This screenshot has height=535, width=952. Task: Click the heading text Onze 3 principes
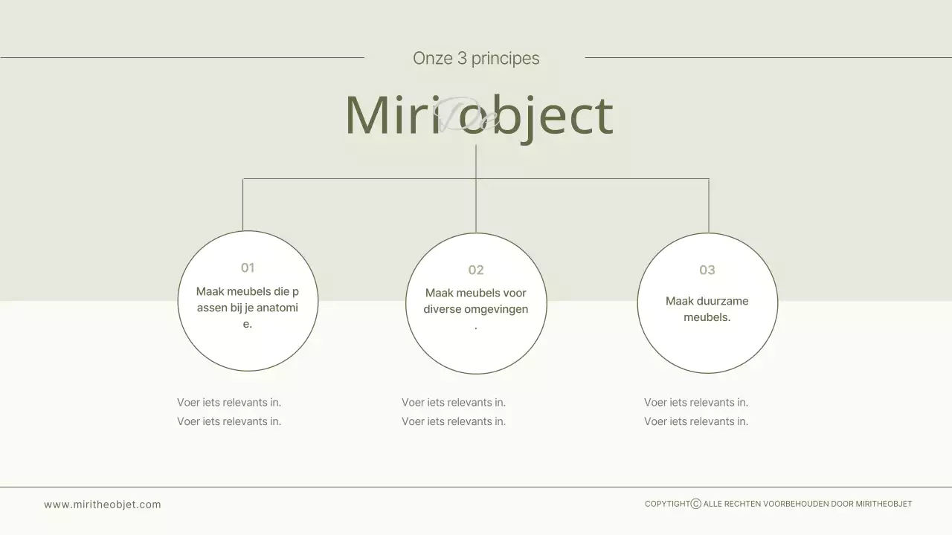(x=476, y=58)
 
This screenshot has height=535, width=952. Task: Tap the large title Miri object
(x=479, y=115)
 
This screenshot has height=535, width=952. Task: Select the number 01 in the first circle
(x=248, y=267)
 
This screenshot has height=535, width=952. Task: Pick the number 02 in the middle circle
(x=476, y=270)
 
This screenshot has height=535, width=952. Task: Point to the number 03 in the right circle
(x=707, y=270)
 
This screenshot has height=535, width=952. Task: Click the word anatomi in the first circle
(x=277, y=308)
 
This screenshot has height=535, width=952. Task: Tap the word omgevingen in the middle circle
(x=496, y=309)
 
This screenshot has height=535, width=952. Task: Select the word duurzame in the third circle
(x=722, y=301)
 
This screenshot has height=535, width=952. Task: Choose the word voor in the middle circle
(x=515, y=293)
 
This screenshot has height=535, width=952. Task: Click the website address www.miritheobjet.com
(x=103, y=505)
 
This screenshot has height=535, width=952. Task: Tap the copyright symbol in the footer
(x=696, y=504)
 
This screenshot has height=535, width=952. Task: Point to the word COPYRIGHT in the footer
(x=667, y=504)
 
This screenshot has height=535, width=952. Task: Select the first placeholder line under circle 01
(x=229, y=403)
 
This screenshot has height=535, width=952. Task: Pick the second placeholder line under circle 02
(x=454, y=421)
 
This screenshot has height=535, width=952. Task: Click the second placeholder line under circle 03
(x=696, y=421)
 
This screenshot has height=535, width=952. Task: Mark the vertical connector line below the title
(x=476, y=189)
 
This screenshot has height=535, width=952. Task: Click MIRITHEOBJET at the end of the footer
(x=884, y=504)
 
